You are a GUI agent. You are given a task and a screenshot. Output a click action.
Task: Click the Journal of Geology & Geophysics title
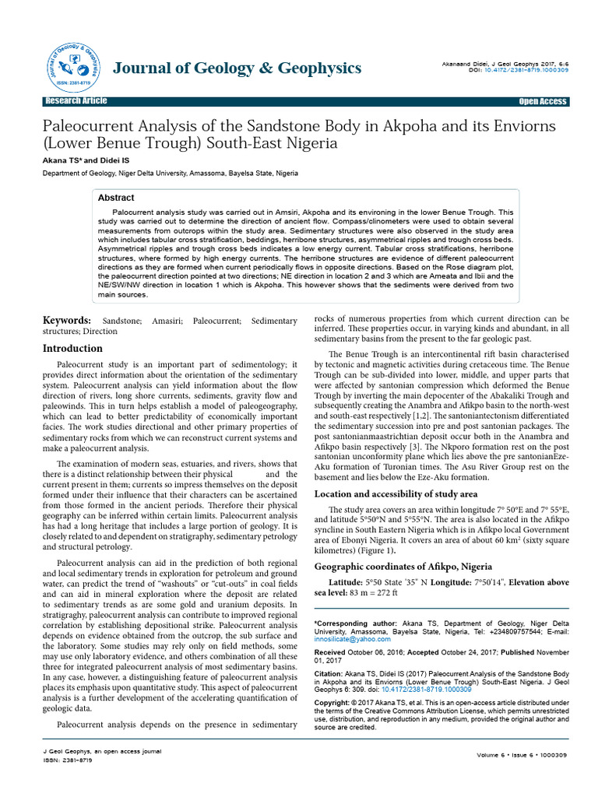pos(237,68)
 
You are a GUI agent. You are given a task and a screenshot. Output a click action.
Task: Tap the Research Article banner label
pos(76,102)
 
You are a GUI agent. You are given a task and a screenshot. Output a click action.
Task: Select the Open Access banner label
pos(543,102)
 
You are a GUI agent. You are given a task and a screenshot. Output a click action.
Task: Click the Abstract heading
pos(115,198)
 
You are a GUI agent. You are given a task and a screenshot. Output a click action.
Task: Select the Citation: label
pos(329,672)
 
